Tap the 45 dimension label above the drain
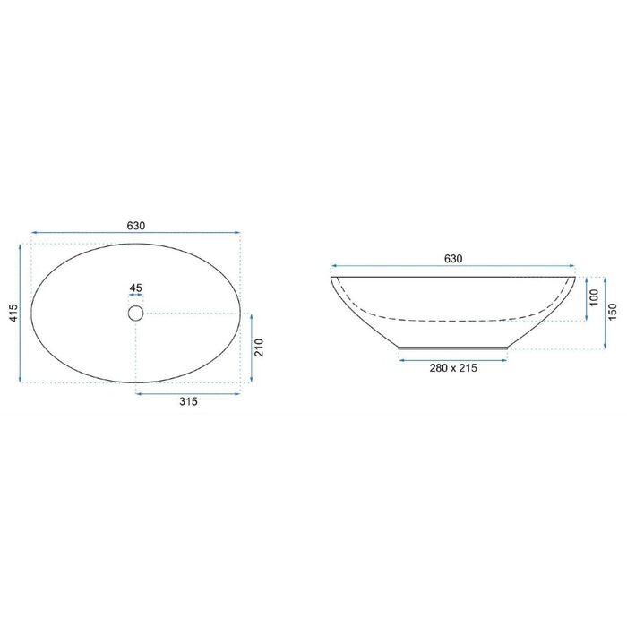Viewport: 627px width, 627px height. click(136, 288)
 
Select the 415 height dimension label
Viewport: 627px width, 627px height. click(13, 313)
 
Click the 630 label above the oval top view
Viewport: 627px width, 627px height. click(136, 226)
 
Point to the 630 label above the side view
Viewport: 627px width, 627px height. click(453, 259)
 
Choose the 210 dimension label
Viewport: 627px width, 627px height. click(259, 348)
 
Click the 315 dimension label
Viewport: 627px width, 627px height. click(188, 401)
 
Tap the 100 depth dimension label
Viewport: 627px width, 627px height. click(594, 297)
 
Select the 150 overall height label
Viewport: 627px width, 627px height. click(613, 313)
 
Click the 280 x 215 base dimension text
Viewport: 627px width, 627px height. click(453, 368)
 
